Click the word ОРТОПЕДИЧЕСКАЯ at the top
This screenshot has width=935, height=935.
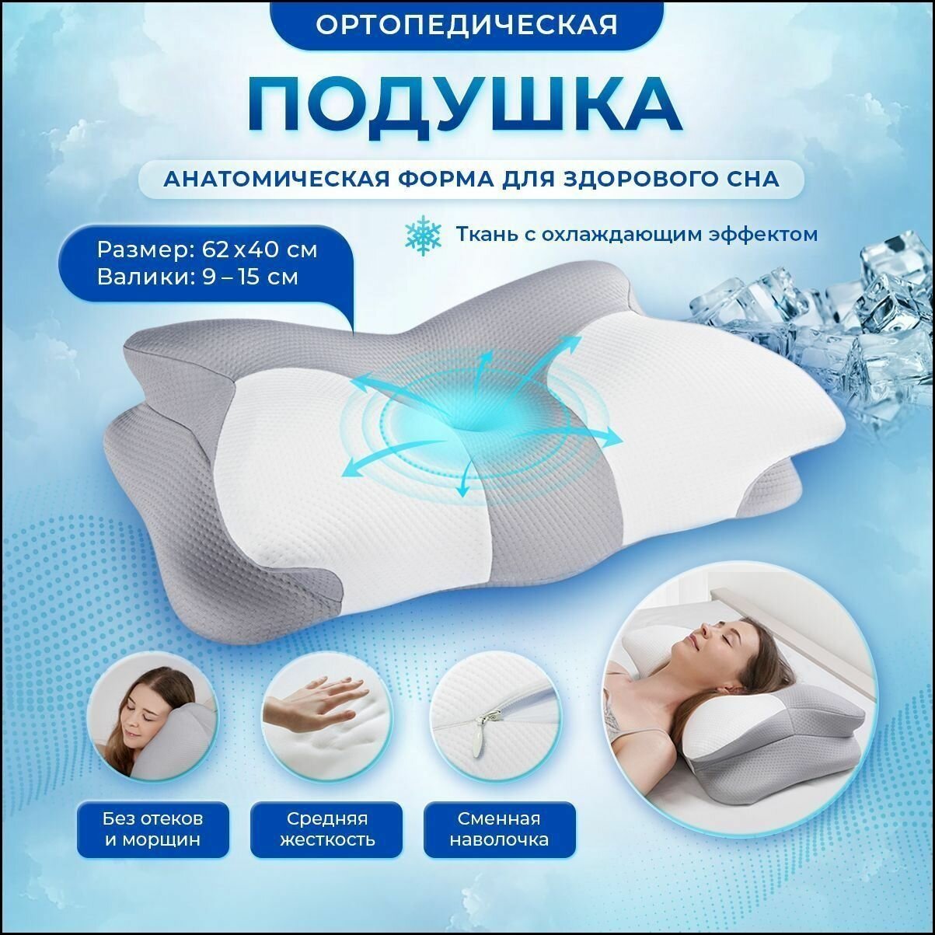[x=466, y=23]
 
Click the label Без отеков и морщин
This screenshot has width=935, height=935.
[x=152, y=829]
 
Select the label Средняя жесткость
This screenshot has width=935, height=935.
[x=326, y=829]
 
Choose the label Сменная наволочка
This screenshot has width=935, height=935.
[x=499, y=829]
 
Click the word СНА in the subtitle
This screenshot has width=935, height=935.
[x=751, y=180]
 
